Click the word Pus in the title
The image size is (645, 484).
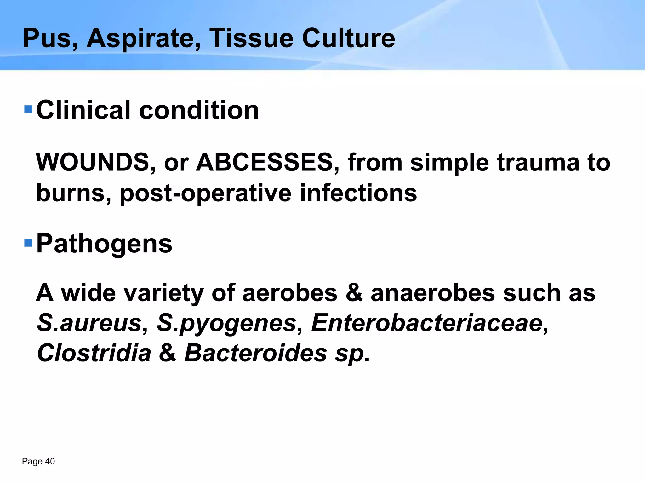click(x=47, y=38)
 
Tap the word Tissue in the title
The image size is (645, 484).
click(x=251, y=38)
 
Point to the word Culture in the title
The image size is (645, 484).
click(x=348, y=38)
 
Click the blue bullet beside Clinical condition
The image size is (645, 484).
click(x=28, y=109)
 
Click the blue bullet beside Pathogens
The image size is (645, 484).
click(x=28, y=243)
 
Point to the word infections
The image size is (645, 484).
click(x=358, y=193)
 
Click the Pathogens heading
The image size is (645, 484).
click(x=104, y=244)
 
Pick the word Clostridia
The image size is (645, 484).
click(x=94, y=353)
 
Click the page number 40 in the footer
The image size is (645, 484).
click(x=50, y=462)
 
